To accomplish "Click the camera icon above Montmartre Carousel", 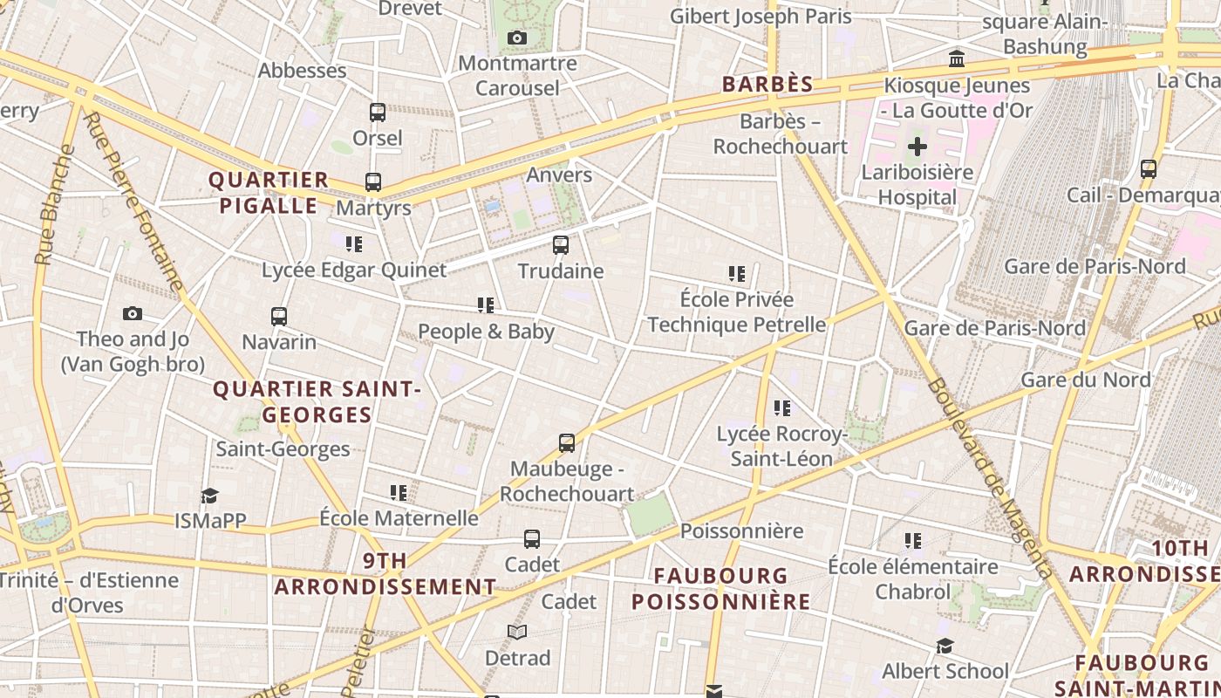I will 516,38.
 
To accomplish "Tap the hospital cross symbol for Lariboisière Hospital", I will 917,147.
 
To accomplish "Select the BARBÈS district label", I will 767,85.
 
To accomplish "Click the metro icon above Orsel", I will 378,113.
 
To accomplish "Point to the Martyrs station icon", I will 373,182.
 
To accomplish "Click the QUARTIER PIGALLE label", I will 268,193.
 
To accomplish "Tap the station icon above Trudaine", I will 561,245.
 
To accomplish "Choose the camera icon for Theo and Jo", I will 133,313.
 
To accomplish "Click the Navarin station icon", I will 279,316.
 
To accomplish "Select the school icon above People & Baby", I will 486,305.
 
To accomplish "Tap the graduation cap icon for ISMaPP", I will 209,496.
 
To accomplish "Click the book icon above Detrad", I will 517,632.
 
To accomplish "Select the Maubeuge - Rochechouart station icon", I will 567,443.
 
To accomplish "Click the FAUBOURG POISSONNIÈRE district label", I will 721,589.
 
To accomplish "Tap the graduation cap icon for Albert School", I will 945,646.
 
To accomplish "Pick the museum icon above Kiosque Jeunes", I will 957,59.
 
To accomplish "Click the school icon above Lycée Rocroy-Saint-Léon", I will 781,407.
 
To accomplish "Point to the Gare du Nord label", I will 1085,380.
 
